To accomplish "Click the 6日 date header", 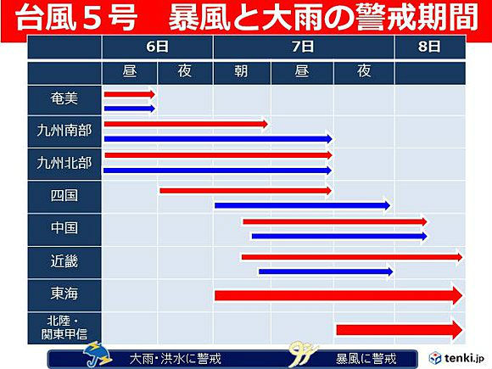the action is click(157, 47).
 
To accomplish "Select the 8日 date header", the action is click(429, 47).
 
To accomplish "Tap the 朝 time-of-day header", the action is click(241, 71).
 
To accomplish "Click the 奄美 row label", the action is click(64, 99).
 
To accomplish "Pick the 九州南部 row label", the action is click(64, 131).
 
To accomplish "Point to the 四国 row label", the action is click(64, 195).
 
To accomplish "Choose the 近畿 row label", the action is click(64, 261).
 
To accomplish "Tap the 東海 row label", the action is click(64, 294).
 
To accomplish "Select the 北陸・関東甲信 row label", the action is click(64, 327).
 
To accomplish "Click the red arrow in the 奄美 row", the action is click(130, 94).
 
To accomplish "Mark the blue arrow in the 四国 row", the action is click(302, 206).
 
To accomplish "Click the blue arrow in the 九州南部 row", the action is click(218, 138).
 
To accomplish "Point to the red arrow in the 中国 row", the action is click(335, 222).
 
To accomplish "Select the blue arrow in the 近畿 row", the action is click(326, 271).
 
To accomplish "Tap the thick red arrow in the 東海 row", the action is click(338, 295).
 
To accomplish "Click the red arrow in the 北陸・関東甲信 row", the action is click(400, 330).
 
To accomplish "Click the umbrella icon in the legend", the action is click(98, 355).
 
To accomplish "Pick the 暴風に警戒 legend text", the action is click(366, 359).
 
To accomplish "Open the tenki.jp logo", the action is click(456, 358).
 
